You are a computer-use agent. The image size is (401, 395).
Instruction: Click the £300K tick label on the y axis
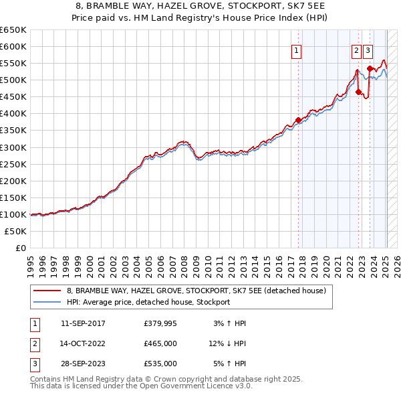point(13,147)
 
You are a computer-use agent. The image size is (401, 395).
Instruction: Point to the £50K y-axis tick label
point(15,231)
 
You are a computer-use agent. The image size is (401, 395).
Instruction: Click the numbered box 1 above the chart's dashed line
point(295,50)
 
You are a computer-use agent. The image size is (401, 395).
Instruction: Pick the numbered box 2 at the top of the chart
point(356,50)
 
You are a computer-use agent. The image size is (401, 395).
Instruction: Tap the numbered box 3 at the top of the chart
point(368,50)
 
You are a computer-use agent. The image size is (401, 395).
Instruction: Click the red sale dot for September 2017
point(298,120)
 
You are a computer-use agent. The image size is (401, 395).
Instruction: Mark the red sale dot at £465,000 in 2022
point(359,92)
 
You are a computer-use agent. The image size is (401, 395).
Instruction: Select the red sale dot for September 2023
point(370,68)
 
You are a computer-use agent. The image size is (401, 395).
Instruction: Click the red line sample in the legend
point(47,291)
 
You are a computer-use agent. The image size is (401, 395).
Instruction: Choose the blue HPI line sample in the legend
point(47,302)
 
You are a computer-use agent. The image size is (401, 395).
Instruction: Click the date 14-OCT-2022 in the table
point(83,343)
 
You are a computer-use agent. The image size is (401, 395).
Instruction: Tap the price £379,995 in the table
point(160,323)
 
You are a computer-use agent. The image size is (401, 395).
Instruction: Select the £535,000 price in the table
point(160,364)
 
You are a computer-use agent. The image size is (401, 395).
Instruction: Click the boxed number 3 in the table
point(34,364)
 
